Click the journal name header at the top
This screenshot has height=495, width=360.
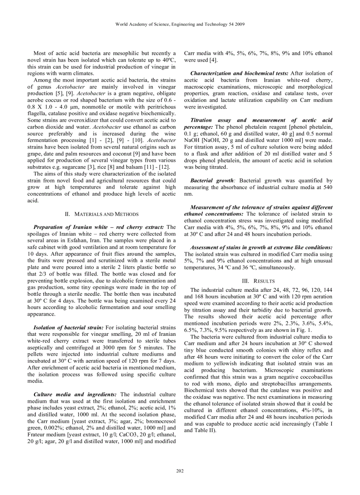[180, 24]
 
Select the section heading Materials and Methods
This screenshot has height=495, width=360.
[101, 214]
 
